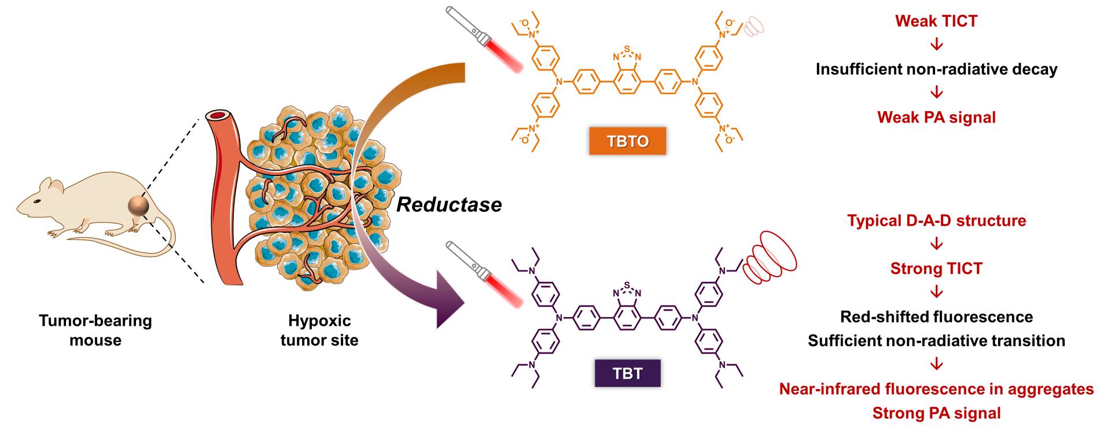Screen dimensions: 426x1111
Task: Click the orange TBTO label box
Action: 627,141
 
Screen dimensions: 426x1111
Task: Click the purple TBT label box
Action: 627,373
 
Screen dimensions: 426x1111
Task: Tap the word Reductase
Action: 449,204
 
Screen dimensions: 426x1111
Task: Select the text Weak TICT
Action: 936,21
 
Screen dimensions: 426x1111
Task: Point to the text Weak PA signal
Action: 936,117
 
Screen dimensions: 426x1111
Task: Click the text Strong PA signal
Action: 936,413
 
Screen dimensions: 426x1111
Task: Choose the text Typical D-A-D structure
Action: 936,221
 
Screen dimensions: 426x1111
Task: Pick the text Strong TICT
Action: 936,269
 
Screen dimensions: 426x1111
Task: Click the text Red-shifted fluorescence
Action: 936,317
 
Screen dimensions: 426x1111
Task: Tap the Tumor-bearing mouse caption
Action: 95,330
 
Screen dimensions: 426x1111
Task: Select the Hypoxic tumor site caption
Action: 319,330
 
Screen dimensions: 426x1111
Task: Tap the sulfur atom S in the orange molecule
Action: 627,49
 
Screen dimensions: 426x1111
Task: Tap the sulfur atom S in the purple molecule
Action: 627,285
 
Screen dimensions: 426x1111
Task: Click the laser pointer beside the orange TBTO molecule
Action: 485,38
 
